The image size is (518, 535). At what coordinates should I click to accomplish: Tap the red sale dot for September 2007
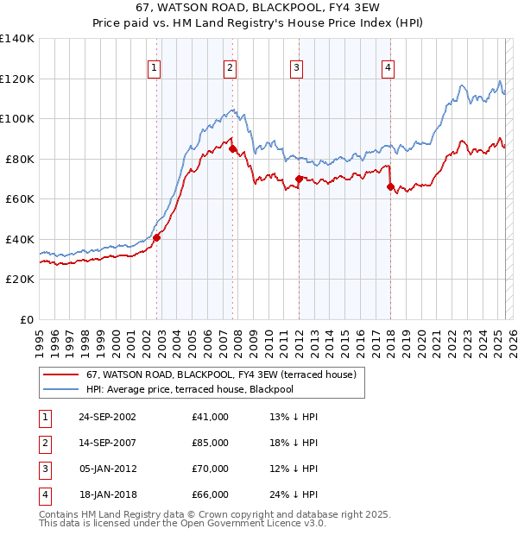[232, 148]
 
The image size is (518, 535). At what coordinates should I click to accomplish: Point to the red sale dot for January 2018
[390, 186]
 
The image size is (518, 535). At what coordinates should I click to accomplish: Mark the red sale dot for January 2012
[299, 179]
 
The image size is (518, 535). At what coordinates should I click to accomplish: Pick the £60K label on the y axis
[20, 198]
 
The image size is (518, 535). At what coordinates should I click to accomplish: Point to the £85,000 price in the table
[211, 443]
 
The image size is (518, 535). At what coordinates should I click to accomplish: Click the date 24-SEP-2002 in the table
[107, 417]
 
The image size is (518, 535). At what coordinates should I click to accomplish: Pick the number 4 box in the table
[44, 494]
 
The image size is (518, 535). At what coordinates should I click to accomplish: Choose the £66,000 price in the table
[211, 494]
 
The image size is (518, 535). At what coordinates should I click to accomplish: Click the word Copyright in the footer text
[249, 514]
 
